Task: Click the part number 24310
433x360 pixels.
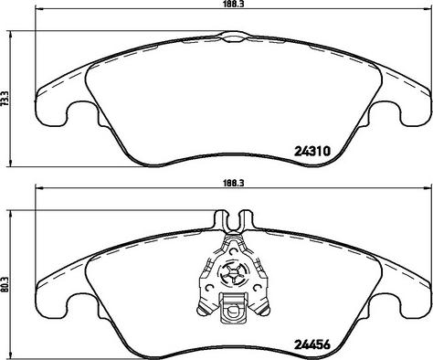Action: coord(312,151)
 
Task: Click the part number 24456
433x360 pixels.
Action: coord(312,344)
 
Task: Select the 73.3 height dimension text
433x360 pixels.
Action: coord(5,98)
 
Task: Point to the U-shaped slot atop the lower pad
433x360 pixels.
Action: coord(234,220)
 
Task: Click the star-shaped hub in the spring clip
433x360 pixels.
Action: coord(234,273)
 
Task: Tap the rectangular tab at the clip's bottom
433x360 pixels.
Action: coord(233,308)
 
